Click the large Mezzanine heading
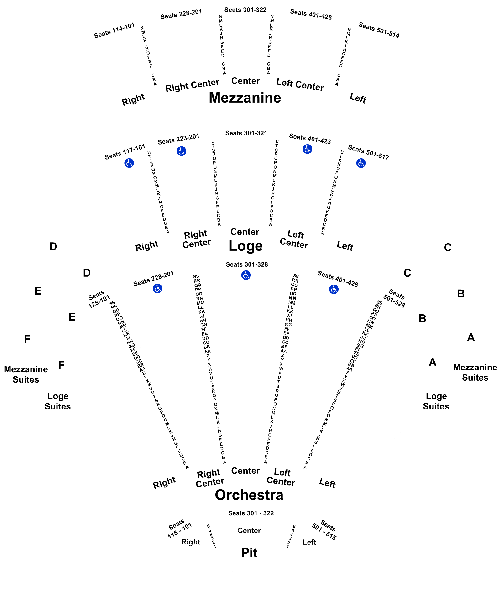(x=245, y=98)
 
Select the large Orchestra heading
(x=249, y=495)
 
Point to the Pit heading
(x=249, y=553)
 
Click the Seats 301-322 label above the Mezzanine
(x=245, y=10)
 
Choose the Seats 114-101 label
(x=114, y=30)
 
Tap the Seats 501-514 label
(x=379, y=30)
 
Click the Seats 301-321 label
(x=246, y=133)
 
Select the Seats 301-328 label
(x=247, y=264)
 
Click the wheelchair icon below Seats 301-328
(x=246, y=275)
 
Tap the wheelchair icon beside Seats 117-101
(x=129, y=163)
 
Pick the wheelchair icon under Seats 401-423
(x=307, y=149)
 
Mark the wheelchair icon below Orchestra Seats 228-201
(x=157, y=289)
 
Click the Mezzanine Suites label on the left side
(x=26, y=374)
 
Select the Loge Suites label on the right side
(x=436, y=401)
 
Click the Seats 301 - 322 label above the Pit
(x=251, y=513)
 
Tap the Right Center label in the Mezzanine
(x=192, y=85)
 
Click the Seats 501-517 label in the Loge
(x=368, y=152)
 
